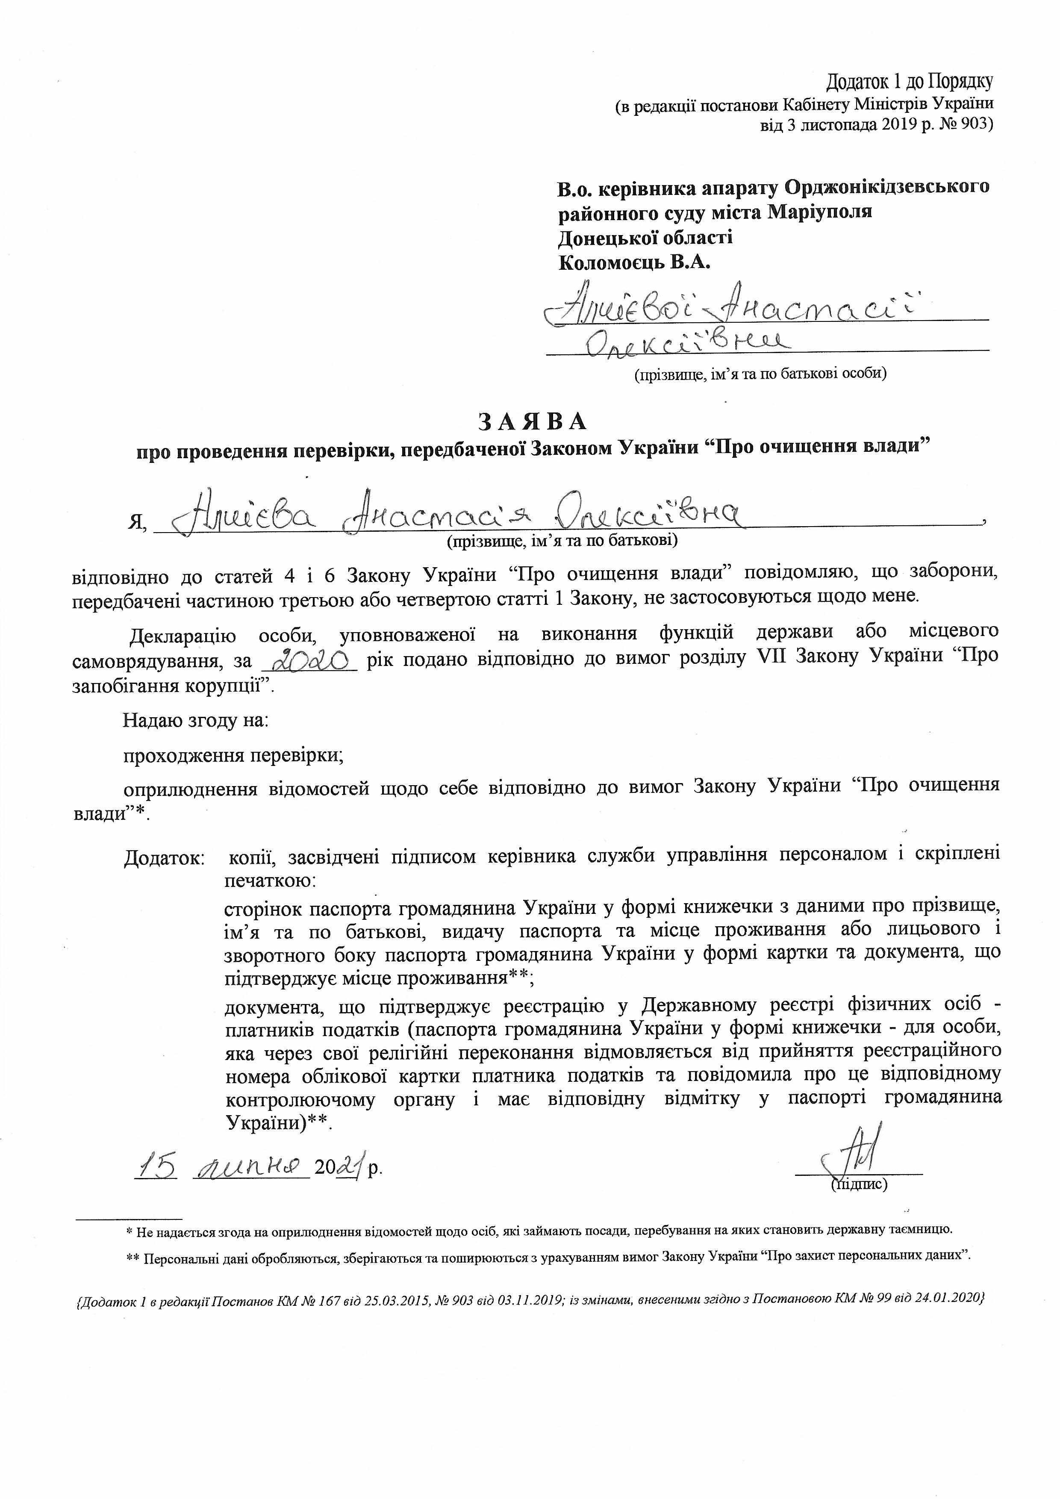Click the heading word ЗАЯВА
click(533, 422)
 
